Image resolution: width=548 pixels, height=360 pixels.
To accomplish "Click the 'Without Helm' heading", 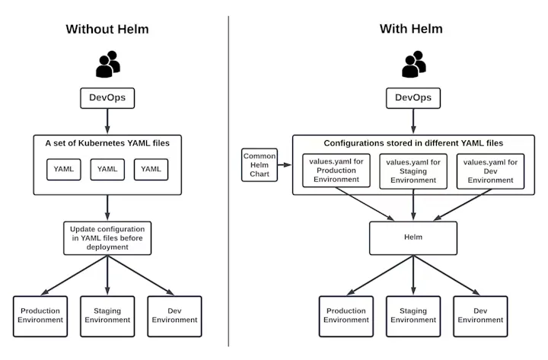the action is pos(107,29).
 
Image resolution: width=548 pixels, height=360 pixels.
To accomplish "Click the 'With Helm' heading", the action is pos(411,29).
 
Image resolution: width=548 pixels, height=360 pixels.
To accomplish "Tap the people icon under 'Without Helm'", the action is pos(108,64).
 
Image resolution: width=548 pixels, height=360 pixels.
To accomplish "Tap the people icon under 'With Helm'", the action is pos(414,64).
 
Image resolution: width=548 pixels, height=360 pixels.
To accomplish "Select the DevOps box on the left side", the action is pos(107,98).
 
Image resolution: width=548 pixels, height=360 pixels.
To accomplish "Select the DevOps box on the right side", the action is pos(413,98).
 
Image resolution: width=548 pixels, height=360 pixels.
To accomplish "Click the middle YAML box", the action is pos(107,170).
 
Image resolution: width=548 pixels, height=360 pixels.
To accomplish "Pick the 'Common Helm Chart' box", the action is pos(260,165).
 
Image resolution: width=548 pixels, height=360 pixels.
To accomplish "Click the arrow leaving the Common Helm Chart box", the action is pos(285,164).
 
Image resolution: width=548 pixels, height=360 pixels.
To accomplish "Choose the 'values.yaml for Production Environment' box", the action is pos(336,170).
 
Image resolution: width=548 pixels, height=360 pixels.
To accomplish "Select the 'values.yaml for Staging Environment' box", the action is pos(413,171).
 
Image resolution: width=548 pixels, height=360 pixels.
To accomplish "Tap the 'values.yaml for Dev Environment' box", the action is pos(490,171).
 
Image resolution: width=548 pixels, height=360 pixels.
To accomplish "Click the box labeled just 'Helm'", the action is pos(413,237).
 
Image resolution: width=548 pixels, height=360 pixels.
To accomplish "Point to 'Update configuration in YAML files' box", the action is pos(107,238).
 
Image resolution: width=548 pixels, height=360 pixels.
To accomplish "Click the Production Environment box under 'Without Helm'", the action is pos(40,317).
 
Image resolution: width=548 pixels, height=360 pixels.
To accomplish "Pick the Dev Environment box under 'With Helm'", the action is pos(480,317).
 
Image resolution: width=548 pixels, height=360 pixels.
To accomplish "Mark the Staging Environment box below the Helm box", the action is pos(413,317).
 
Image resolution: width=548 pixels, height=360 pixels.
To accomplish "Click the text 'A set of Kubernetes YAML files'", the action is pos(107,143).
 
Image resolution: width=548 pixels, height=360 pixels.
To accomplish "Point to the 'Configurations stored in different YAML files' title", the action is pos(413,143).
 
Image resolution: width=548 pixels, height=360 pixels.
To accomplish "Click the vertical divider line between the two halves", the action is pos(228,181).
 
